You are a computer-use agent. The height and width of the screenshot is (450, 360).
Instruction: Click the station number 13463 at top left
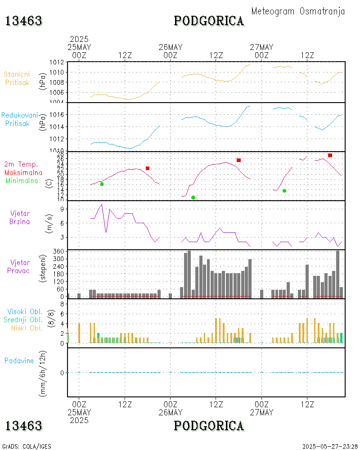pos(24,21)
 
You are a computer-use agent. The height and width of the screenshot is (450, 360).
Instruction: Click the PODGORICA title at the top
pos(209,21)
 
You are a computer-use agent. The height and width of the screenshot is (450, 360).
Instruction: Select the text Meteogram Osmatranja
pos(298,11)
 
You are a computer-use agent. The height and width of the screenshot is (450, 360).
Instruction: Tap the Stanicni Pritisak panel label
pos(17,78)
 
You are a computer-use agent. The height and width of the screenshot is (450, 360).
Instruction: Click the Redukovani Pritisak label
pos(19,119)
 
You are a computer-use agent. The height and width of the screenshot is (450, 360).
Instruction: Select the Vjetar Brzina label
pos(20,217)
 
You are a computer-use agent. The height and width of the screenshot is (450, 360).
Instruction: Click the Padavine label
pos(19,360)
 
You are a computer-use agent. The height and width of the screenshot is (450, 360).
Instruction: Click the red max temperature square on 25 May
pos(147,168)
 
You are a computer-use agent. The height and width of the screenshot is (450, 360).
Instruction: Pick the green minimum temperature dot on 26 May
pos(193,198)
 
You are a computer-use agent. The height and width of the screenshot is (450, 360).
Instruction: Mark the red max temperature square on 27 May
pos(330,155)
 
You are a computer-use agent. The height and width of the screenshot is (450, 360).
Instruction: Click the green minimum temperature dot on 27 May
pos(284,191)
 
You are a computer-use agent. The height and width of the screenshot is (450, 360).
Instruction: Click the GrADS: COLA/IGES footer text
pos(27,446)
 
